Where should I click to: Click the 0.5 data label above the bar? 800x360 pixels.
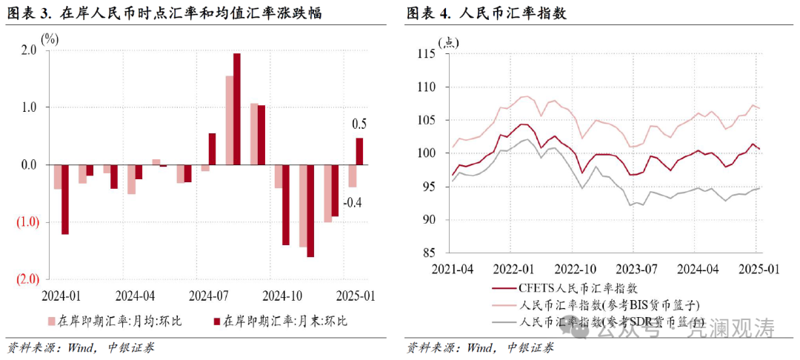point(359,124)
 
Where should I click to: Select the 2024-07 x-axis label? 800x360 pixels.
point(210,296)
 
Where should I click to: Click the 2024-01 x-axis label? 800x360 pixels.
point(62,296)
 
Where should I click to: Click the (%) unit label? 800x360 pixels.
point(50,38)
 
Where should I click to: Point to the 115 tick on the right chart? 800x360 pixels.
point(427,54)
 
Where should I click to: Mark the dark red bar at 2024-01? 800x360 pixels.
point(65,199)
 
